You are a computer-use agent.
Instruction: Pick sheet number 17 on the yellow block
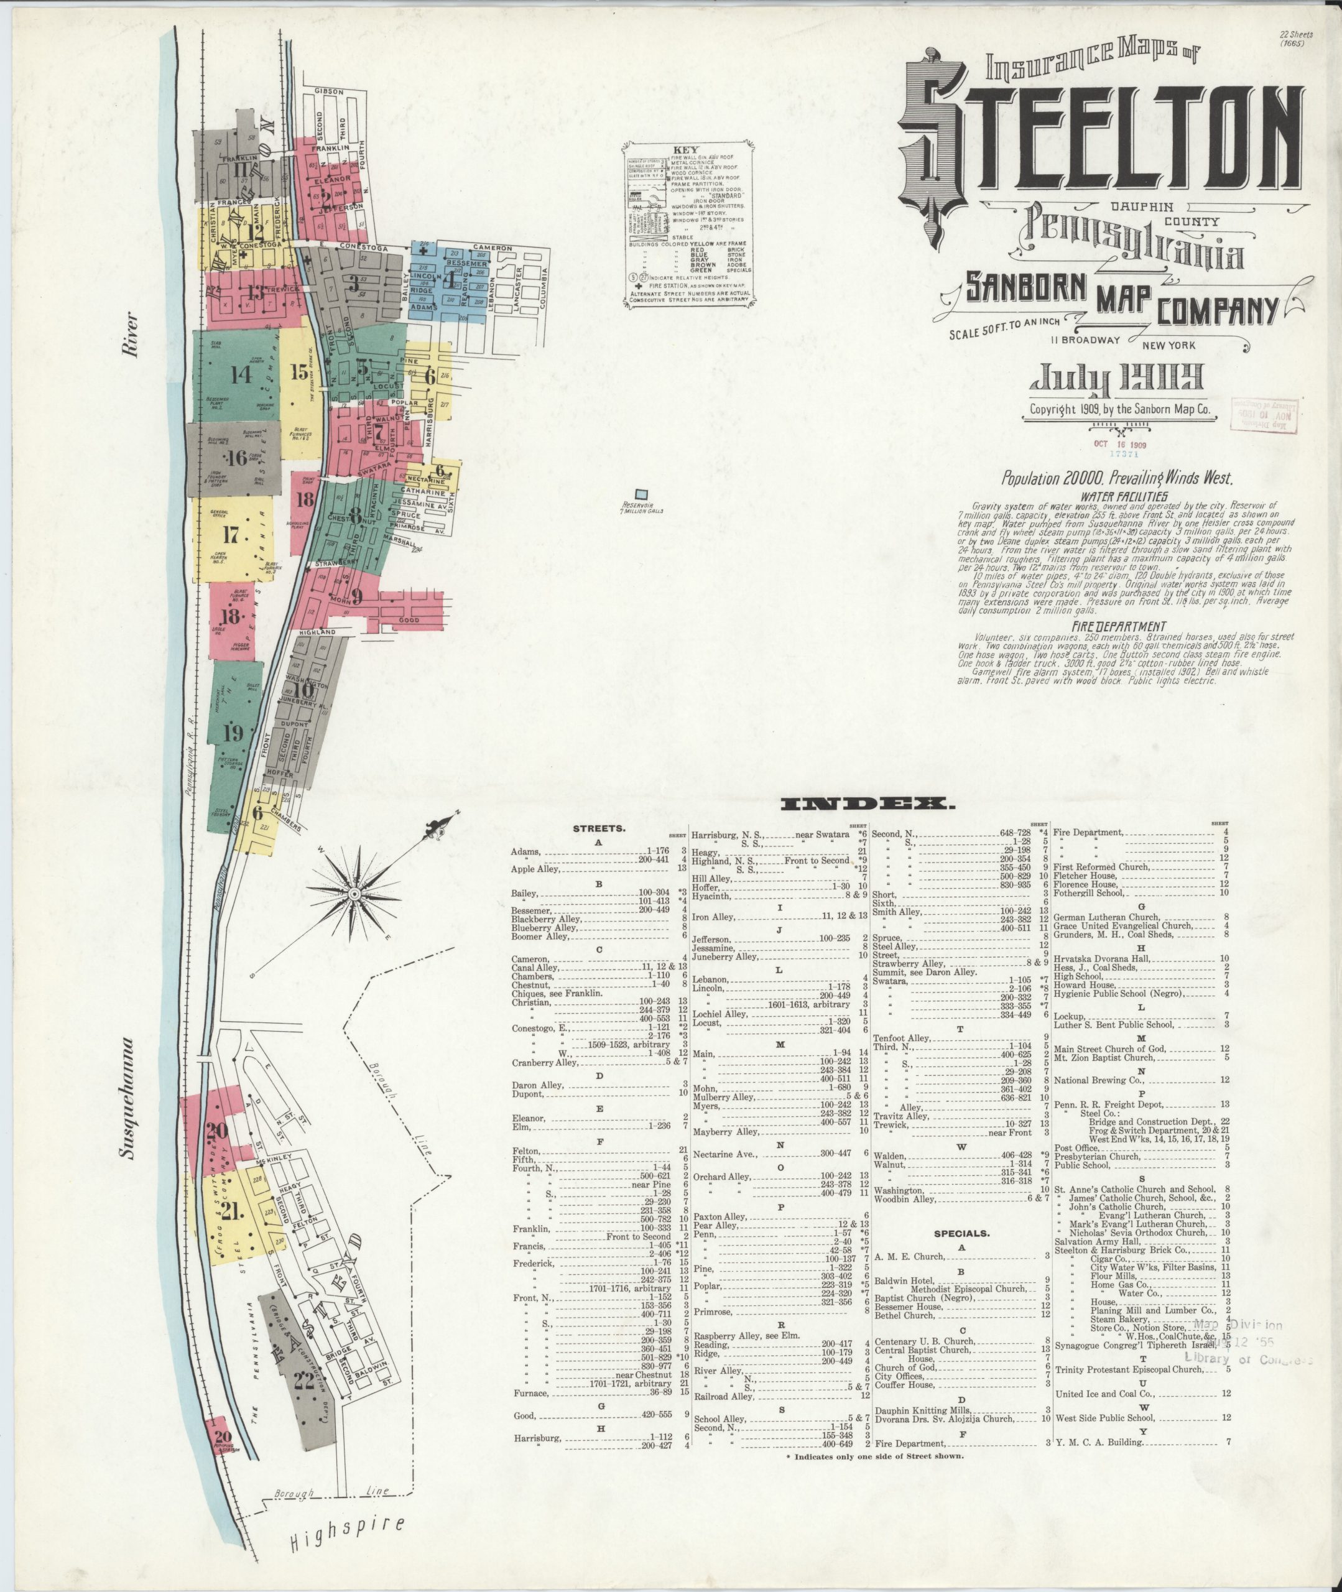pyautogui.click(x=231, y=535)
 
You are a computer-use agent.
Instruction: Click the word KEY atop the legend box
pyautogui.click(x=685, y=150)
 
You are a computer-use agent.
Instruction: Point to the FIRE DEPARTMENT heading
pyautogui.click(x=1118, y=626)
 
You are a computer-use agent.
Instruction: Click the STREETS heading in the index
pyautogui.click(x=599, y=828)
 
